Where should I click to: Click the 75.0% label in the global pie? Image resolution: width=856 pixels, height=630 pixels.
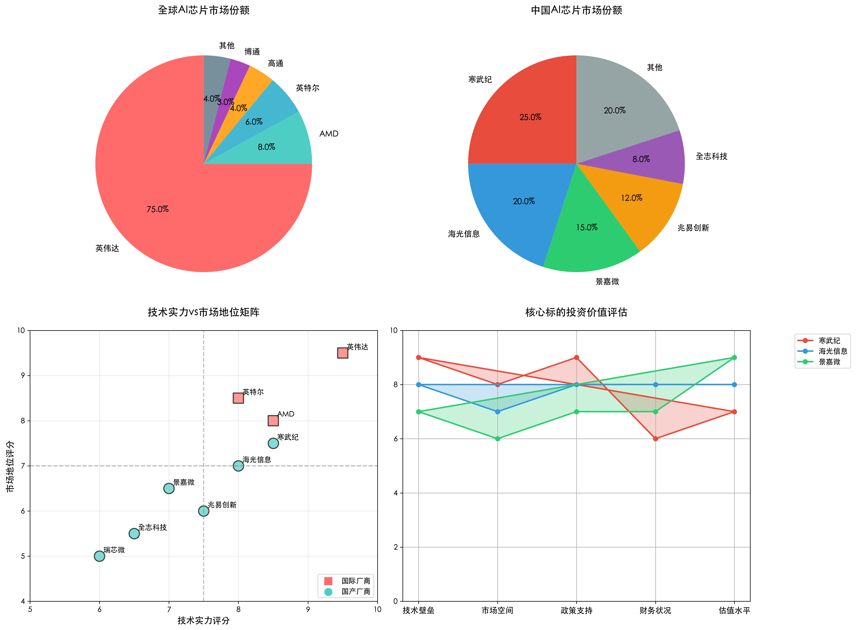(x=157, y=209)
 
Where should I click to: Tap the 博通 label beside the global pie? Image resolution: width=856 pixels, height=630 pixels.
(x=252, y=51)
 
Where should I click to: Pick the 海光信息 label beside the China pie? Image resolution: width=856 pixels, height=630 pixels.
(x=464, y=234)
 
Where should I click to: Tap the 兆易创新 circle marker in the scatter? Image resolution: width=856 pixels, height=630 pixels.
(x=204, y=511)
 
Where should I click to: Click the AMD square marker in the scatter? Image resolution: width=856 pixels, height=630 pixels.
(x=273, y=421)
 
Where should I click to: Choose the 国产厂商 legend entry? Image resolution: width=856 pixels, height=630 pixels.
(x=355, y=592)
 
